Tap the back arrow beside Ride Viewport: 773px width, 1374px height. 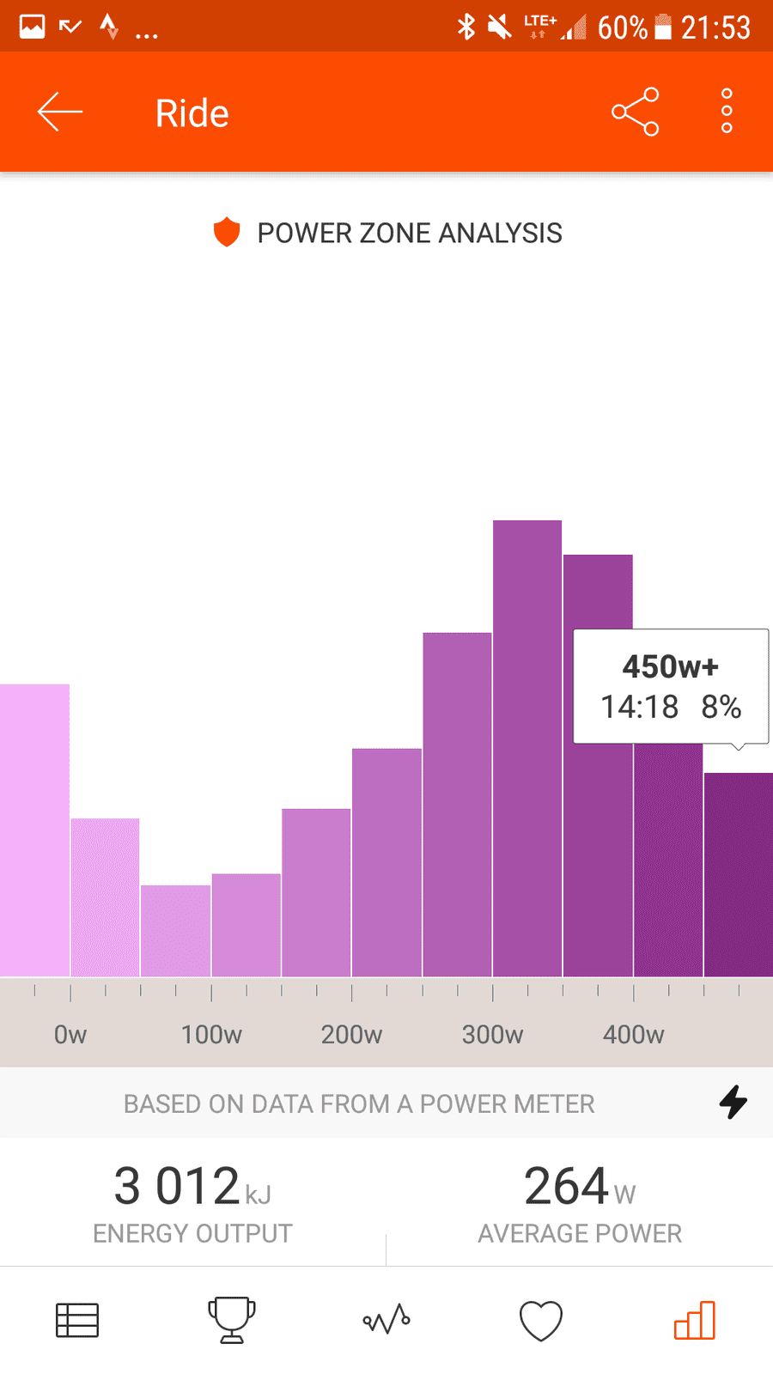(59, 112)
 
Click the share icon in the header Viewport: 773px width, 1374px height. (635, 112)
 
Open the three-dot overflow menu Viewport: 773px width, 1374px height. (727, 111)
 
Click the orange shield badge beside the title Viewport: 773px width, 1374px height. (227, 232)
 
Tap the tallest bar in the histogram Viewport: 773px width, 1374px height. (527, 748)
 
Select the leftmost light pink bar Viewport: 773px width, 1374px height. (34, 830)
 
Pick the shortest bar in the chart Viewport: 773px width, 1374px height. (175, 931)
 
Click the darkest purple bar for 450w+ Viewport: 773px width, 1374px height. (739, 874)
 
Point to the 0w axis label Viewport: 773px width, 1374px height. (70, 1035)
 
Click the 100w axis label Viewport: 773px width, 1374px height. (211, 1035)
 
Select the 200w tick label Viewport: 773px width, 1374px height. (351, 1035)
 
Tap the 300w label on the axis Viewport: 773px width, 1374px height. (493, 1035)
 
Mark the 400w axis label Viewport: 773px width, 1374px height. (633, 1035)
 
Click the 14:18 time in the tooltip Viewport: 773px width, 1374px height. (639, 707)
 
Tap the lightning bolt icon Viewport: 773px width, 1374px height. (733, 1103)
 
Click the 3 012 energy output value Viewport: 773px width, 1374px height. (177, 1186)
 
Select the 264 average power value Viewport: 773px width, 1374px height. (566, 1186)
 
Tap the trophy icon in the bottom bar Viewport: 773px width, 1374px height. (231, 1319)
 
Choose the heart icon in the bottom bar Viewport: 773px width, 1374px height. (540, 1320)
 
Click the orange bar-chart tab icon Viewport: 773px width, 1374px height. (695, 1320)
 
